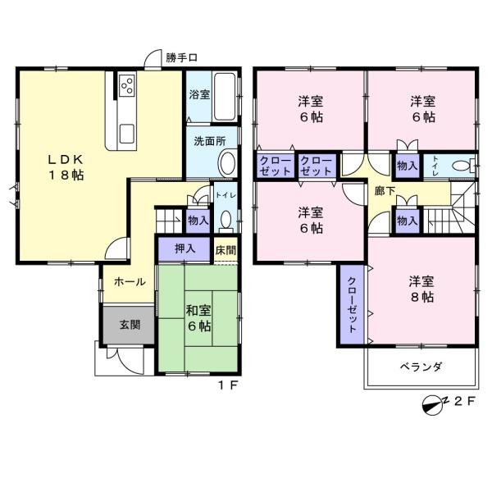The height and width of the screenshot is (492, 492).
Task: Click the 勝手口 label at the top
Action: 181,57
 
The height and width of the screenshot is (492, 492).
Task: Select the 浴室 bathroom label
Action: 198,93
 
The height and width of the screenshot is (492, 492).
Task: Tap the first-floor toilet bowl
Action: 225,221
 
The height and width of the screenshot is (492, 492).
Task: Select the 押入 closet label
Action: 185,248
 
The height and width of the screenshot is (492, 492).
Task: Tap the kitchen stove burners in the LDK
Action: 127,84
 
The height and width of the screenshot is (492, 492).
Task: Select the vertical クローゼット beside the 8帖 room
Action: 351,304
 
